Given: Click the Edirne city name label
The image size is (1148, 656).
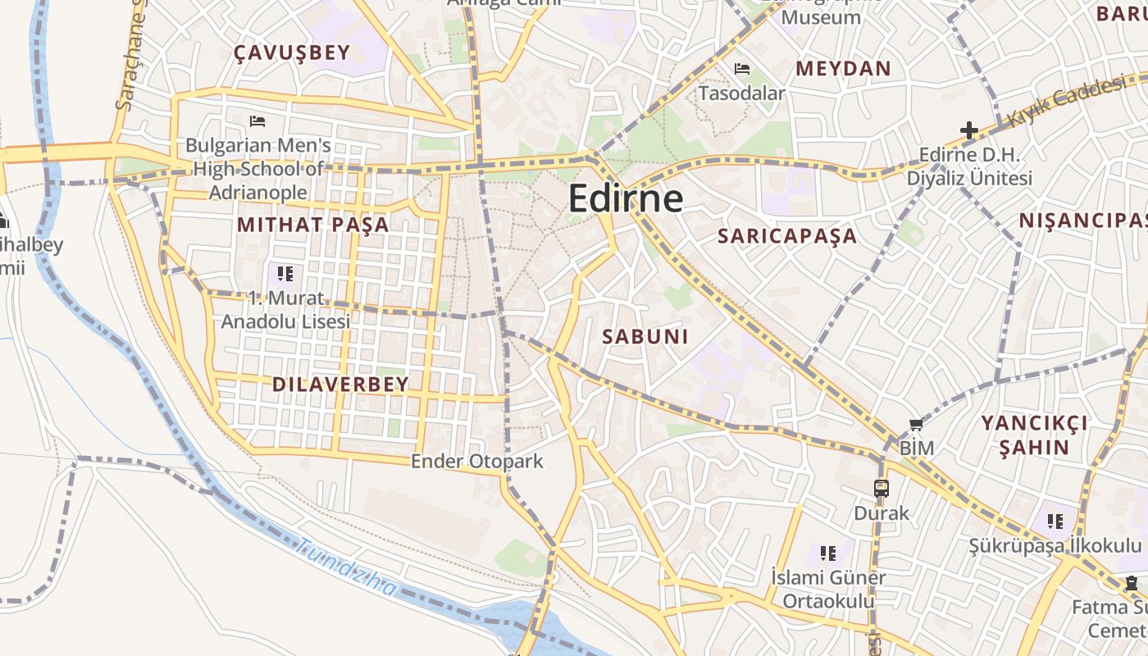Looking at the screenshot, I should [x=625, y=198].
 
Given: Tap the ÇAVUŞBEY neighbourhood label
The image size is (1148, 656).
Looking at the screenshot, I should [x=292, y=52].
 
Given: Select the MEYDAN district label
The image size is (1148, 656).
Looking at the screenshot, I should [x=843, y=68].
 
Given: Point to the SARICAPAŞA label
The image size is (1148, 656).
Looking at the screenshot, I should [x=787, y=236].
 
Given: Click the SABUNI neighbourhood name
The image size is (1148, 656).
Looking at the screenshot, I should [x=645, y=336].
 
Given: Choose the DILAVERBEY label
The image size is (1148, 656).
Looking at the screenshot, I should [x=340, y=385].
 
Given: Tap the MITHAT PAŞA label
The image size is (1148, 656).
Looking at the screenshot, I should [x=313, y=225].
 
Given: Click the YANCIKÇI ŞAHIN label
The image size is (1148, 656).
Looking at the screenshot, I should [x=1035, y=435].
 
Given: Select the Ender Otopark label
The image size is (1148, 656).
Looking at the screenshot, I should [x=476, y=461].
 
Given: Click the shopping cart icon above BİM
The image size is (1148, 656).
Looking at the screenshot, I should [x=916, y=424].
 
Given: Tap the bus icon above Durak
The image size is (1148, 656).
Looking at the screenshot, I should [x=881, y=489].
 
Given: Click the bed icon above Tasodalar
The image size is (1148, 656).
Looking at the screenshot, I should [x=742, y=68].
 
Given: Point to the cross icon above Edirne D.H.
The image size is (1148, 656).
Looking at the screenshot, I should [x=968, y=130].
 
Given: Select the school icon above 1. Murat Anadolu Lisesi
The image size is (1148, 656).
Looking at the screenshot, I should [x=285, y=272].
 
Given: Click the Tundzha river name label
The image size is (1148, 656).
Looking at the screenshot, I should [x=347, y=567].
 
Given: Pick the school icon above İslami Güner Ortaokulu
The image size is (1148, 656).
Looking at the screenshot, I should [x=828, y=553].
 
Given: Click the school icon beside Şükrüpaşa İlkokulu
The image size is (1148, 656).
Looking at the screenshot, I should [x=1055, y=521].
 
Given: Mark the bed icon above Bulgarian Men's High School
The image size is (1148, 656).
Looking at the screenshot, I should [x=257, y=121].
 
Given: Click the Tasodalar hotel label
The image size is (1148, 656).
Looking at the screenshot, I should [x=741, y=93].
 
